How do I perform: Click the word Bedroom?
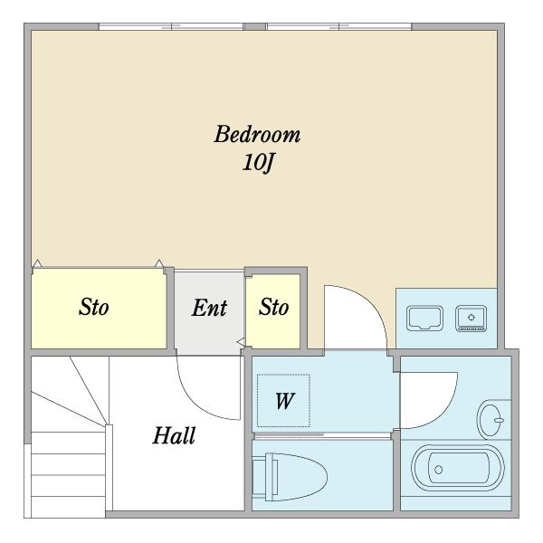click(x=257, y=134)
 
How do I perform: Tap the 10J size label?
click(x=258, y=163)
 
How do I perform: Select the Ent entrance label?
click(x=209, y=308)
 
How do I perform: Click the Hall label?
click(x=174, y=435)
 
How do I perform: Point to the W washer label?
click(x=285, y=401)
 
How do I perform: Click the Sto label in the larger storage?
click(x=94, y=307)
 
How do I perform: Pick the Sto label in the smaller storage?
click(x=273, y=307)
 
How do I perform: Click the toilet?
click(x=290, y=477)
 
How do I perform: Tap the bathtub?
click(x=458, y=468)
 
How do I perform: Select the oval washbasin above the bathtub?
click(x=491, y=420)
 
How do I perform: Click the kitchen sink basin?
click(x=424, y=318)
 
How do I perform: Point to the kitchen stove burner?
click(x=471, y=318)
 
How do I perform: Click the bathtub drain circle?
click(x=438, y=470)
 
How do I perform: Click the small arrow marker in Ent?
click(x=241, y=342)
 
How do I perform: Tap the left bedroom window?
click(x=171, y=26)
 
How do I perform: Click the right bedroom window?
click(x=338, y=26)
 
